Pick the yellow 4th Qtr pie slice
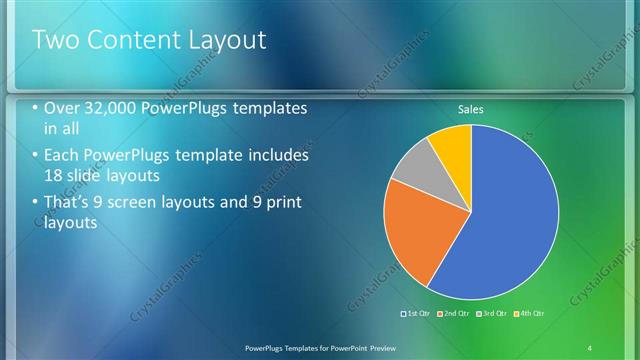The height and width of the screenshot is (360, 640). (x=451, y=146)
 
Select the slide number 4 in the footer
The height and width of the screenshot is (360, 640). (x=590, y=347)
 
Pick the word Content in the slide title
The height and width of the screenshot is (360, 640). (x=125, y=41)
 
